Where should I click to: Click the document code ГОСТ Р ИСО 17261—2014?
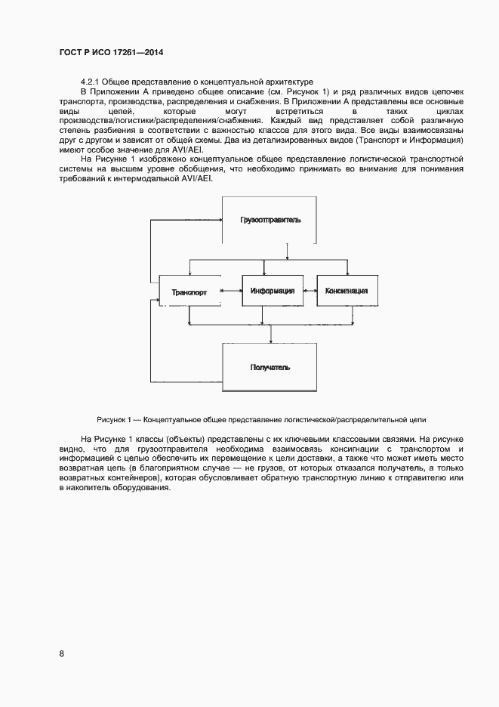pos(111,53)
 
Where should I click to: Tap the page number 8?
pos(61,654)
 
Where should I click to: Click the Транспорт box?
pos(188,292)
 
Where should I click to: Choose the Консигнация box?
pos(346,290)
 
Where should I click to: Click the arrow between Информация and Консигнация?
pos(308,290)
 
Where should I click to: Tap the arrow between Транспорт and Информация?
pos(229,290)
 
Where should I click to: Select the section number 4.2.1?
pos(89,81)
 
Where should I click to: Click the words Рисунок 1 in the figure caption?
pos(114,419)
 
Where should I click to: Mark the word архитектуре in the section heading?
pos(286,81)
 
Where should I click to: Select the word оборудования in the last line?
pos(146,487)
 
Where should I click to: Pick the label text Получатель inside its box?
pos(270,368)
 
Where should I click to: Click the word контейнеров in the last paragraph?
pos(131,477)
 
